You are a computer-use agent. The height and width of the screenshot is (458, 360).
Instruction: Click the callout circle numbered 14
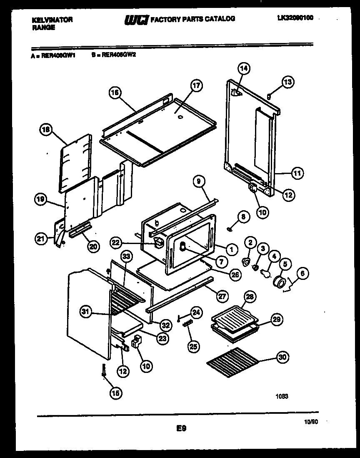click(244, 68)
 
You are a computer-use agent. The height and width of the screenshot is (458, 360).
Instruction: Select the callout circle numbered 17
click(196, 86)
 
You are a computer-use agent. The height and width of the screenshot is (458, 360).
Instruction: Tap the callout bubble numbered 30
click(283, 357)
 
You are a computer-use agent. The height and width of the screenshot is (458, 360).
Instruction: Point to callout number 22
click(116, 242)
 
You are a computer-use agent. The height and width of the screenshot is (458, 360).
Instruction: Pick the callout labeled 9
click(200, 181)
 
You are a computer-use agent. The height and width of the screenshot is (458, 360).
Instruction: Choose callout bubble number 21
click(40, 239)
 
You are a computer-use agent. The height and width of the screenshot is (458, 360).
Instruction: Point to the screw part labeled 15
click(103, 370)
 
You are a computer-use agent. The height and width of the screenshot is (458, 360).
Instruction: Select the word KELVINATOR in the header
click(52, 20)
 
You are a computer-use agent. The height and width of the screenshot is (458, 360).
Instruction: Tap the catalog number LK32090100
click(295, 18)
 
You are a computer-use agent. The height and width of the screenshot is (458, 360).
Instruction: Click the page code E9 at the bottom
click(181, 428)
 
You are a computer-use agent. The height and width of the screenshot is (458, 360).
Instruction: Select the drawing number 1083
click(282, 397)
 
